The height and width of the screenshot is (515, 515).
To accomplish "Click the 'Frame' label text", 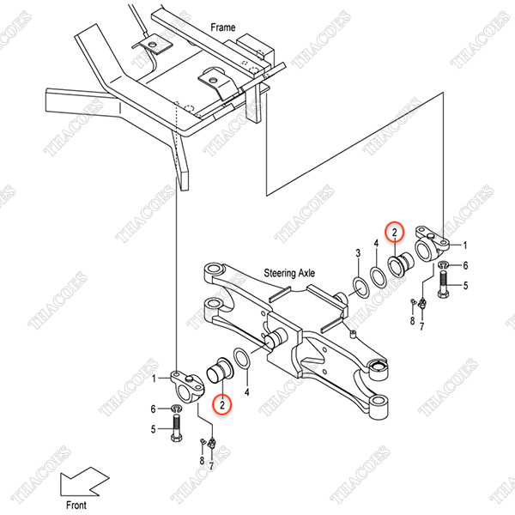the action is [x=222, y=27].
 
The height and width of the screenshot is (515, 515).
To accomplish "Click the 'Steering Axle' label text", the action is [x=289, y=273].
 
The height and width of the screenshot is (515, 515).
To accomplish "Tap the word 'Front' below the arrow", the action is [x=76, y=505].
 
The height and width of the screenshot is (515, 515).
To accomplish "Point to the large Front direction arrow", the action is [x=84, y=482].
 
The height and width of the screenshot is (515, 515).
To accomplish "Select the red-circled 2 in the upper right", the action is [x=395, y=232].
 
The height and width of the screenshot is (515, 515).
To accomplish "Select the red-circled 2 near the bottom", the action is [x=222, y=404].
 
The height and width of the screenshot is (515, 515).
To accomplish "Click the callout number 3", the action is [x=358, y=253].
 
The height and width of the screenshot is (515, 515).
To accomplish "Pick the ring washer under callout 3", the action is [x=360, y=288].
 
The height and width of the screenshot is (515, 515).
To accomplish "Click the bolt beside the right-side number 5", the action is [x=443, y=284].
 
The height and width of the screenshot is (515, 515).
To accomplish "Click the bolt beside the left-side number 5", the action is [x=176, y=427].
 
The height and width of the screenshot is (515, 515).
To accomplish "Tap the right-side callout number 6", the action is [x=465, y=265].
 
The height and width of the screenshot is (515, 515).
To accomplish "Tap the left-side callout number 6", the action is [x=153, y=409].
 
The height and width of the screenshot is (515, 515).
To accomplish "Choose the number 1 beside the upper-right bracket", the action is [x=464, y=245].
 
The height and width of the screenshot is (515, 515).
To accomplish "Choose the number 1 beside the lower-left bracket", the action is [x=154, y=379].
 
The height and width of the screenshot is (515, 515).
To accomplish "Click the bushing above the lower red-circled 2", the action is [x=220, y=370].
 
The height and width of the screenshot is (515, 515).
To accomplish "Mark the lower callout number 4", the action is [x=246, y=391].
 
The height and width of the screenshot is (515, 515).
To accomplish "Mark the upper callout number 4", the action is [x=376, y=244].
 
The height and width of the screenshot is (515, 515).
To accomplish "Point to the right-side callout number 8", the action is [x=413, y=320].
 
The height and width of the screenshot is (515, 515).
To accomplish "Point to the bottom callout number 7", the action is [x=211, y=466].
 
